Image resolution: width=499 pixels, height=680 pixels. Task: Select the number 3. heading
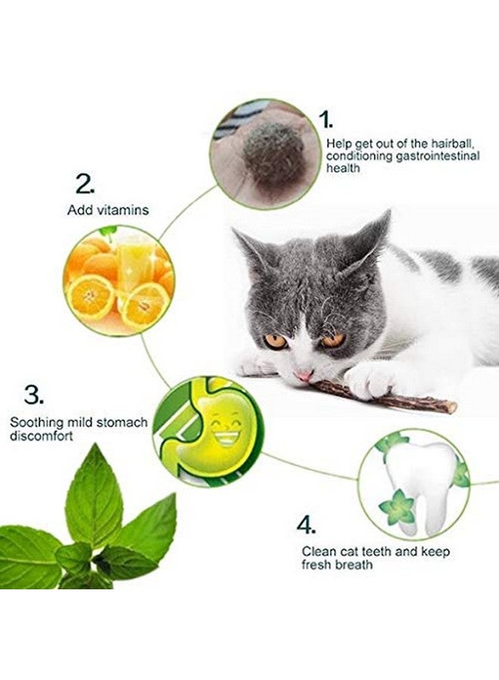[x=34, y=394]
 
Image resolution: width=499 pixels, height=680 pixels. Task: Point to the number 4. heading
[x=306, y=524]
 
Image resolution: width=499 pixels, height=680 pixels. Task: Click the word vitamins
[x=123, y=210]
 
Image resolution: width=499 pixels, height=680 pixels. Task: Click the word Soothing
[x=35, y=422]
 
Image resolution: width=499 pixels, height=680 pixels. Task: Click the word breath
[x=355, y=564]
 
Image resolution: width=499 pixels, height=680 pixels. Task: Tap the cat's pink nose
[x=303, y=375]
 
